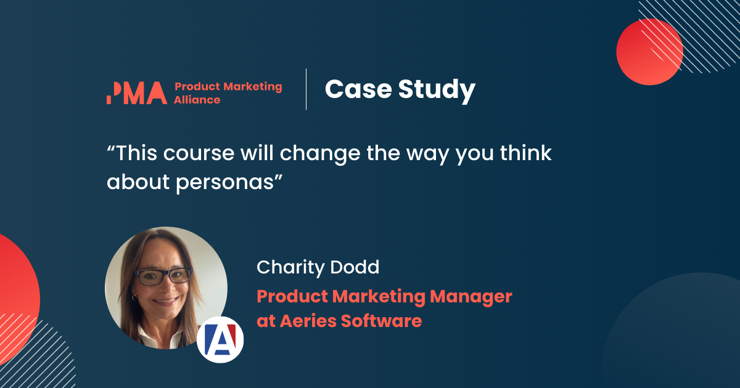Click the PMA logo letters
point(136,92)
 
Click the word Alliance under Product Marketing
point(197,100)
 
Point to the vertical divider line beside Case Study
point(306,89)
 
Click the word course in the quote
point(194,154)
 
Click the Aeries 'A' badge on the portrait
point(220,339)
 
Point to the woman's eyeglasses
point(163,277)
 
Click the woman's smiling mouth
point(165,302)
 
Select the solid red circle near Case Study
point(649,52)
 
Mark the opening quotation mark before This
point(111,148)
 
